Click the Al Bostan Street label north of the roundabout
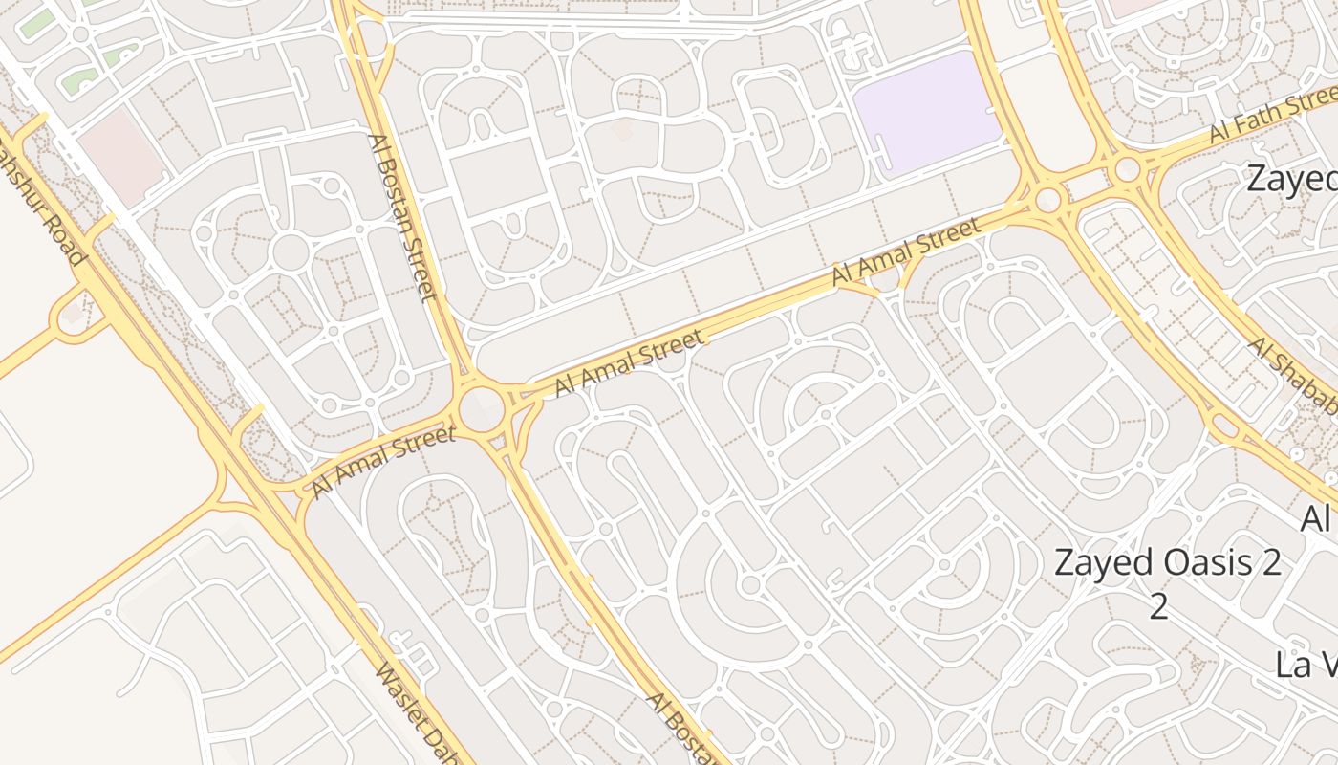pos(401,216)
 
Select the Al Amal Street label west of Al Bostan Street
pos(382,463)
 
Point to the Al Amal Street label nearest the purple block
pos(906,252)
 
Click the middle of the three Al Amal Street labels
pos(629,361)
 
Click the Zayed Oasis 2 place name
pos(1167,562)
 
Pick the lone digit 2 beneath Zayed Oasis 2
pos(1158,606)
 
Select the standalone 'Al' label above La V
pos(1317,518)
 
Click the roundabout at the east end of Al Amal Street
pos(1049,200)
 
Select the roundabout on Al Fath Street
pos(1128,170)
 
